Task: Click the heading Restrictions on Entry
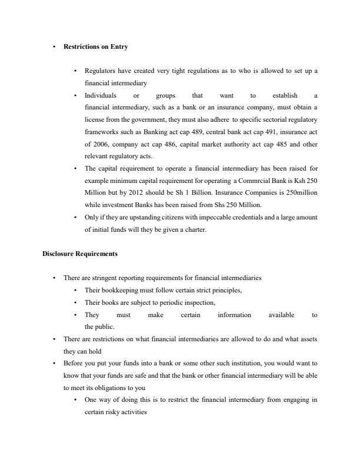point(96,46)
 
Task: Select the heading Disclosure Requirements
point(79,254)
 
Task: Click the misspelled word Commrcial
point(254,178)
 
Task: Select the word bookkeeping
point(117,290)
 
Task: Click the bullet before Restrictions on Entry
point(54,46)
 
